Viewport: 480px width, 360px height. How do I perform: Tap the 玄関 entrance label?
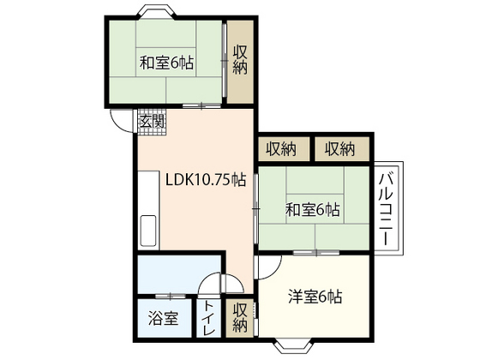(152, 122)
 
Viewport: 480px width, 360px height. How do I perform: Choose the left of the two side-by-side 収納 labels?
(280, 149)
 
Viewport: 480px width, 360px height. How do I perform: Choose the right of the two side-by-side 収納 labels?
(339, 149)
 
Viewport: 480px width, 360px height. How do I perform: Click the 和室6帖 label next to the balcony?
(312, 208)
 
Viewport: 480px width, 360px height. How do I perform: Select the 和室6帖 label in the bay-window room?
(165, 63)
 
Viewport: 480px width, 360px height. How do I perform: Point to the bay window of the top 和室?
(151, 11)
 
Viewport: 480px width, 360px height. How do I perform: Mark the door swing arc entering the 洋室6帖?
(267, 267)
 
